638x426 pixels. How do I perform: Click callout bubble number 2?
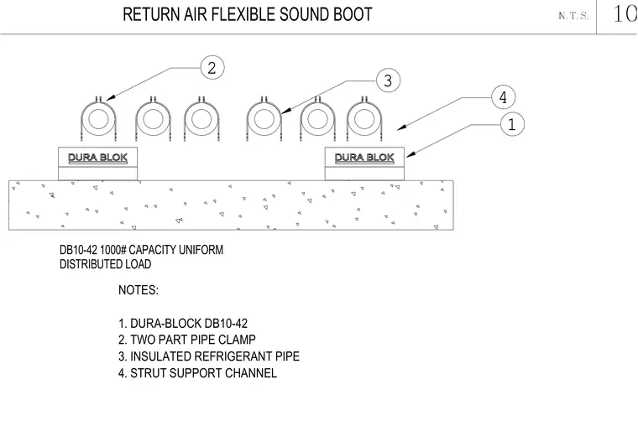tap(212, 67)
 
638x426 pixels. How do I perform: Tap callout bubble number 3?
tap(388, 80)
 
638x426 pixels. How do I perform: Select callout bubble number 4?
tap(504, 97)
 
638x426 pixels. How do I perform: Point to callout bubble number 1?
tap(512, 124)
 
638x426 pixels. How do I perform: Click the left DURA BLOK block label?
tap(97, 158)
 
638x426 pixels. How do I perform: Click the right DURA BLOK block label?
tap(364, 158)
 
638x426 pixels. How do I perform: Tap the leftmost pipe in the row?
tap(98, 120)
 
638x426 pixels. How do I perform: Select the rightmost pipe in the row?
tap(364, 120)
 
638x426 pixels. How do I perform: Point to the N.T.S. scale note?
tap(573, 16)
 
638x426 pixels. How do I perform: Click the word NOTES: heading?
tap(139, 290)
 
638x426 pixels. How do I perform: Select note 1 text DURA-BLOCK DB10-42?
tap(183, 324)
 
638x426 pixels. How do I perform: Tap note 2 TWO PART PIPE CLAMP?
tap(187, 340)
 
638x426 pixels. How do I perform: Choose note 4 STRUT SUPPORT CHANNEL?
tap(198, 373)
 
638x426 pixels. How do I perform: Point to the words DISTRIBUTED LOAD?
tap(106, 264)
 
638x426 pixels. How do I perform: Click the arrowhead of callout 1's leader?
tap(411, 154)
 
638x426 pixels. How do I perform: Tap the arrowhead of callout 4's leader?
tap(401, 127)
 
